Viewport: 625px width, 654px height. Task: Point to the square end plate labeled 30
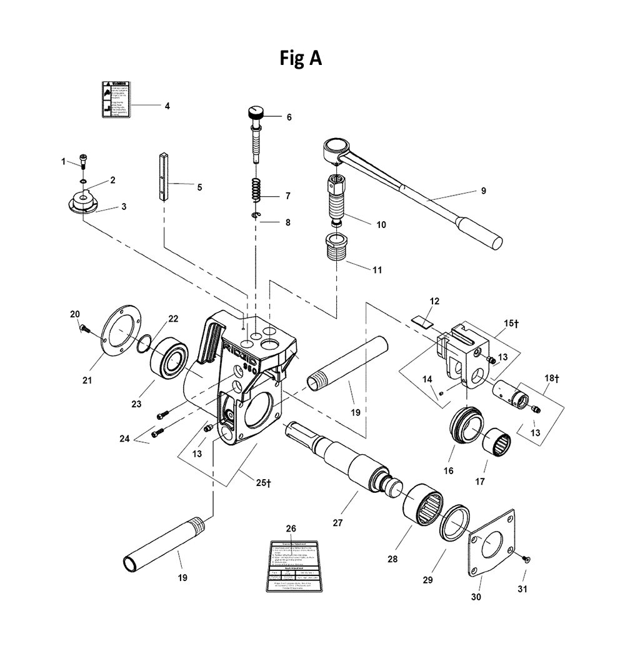tap(494, 543)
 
